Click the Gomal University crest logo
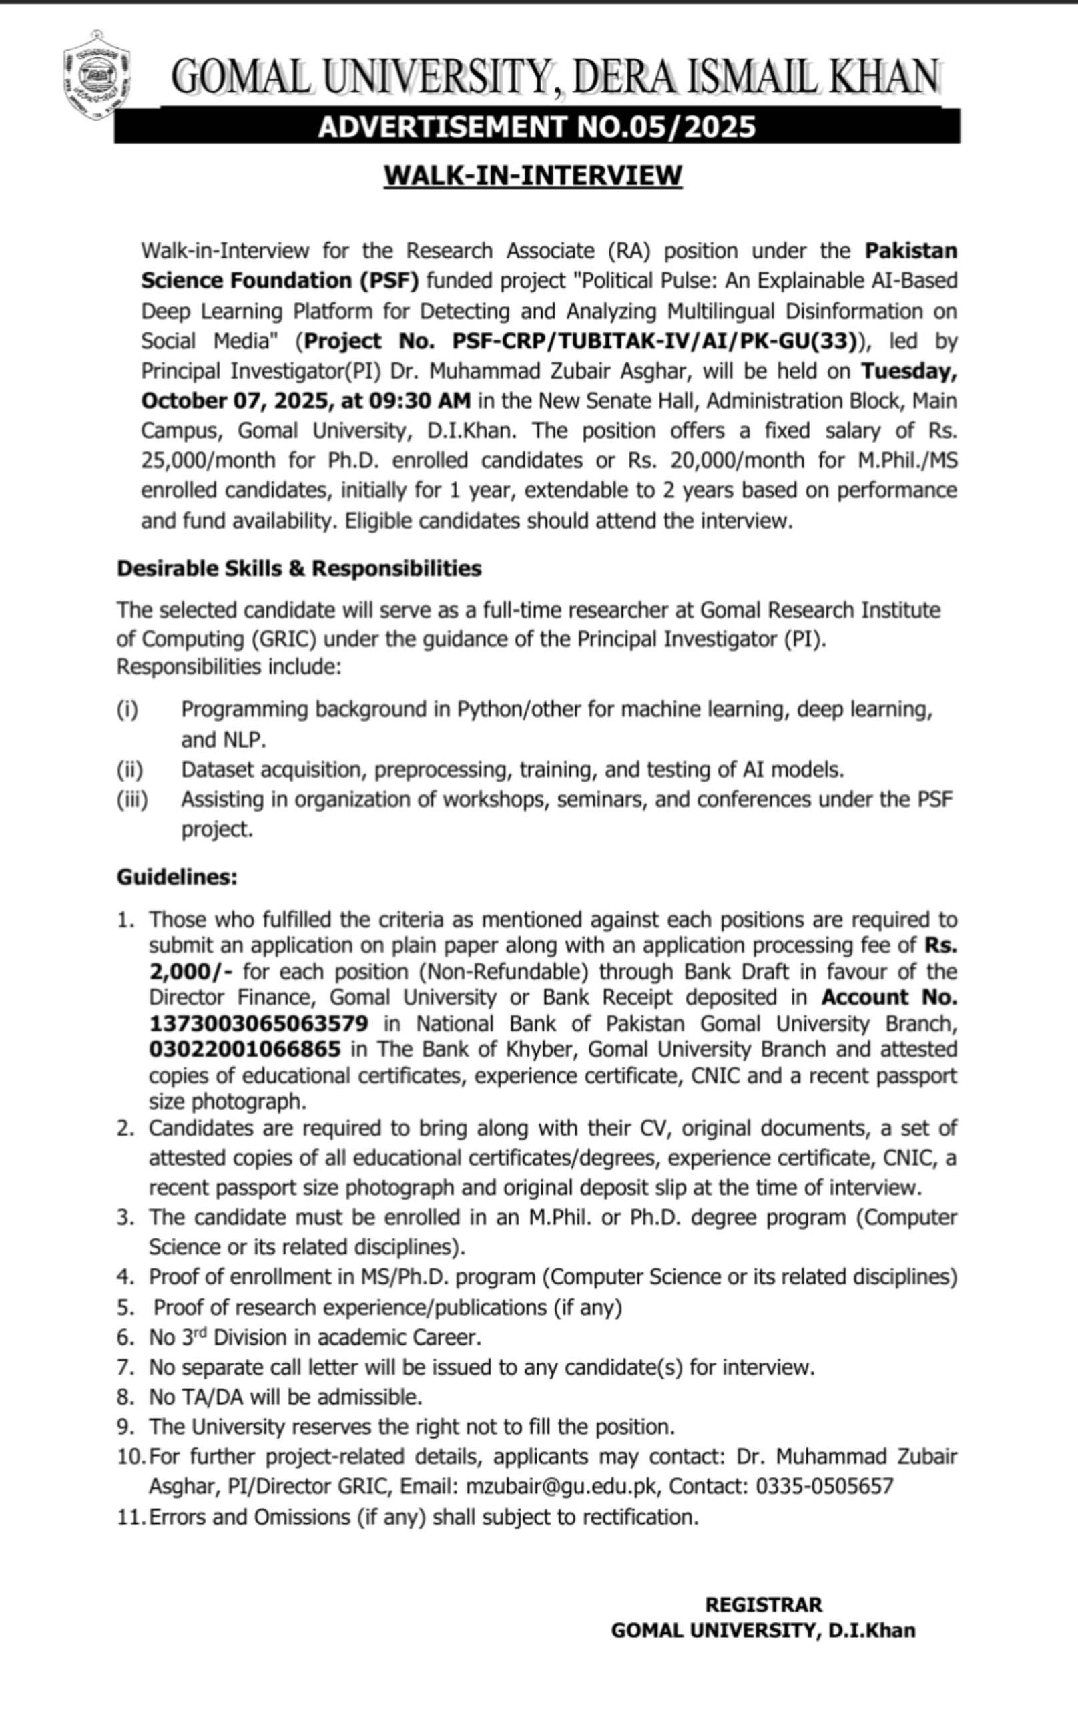[97, 75]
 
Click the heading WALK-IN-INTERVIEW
[532, 176]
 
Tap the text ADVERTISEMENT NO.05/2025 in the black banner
[537, 127]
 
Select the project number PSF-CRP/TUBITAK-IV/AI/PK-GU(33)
[653, 341]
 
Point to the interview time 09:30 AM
[419, 401]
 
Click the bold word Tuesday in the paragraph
[909, 371]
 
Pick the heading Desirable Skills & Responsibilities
[299, 569]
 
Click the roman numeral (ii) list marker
[130, 769]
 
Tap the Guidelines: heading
[177, 877]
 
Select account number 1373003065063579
[258, 1023]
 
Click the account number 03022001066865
[244, 1049]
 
